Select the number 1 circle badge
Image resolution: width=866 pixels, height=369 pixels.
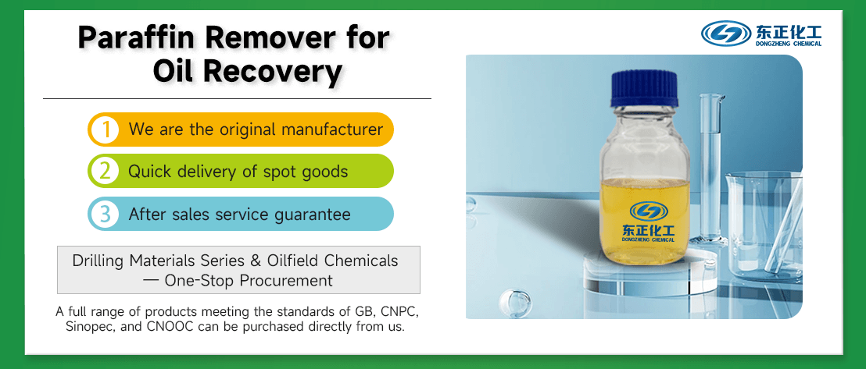[102, 130]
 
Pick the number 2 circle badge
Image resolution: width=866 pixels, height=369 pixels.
[102, 172]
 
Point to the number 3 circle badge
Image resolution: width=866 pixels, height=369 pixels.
[102, 214]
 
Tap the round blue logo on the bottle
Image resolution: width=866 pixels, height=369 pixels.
[649, 211]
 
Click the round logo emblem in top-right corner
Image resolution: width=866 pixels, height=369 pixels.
[726, 33]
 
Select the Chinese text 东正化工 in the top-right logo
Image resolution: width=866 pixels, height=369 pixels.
[787, 30]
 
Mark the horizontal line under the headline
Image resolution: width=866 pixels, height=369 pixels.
[237, 99]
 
